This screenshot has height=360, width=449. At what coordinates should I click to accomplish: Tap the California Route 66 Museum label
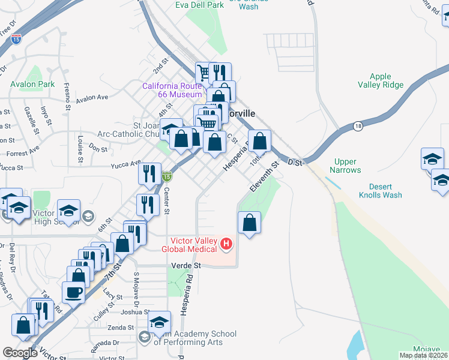coord(172,90)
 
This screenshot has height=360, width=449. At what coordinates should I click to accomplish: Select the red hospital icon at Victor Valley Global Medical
coord(226,244)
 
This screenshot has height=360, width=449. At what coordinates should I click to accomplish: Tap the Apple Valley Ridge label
coord(381,80)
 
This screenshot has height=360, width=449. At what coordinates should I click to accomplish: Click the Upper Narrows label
coord(345,166)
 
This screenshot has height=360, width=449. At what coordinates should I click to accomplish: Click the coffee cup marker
coord(74,292)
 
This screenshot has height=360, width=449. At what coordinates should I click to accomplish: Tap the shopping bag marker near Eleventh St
coord(250,223)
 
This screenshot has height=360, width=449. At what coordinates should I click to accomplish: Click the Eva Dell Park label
coord(199,5)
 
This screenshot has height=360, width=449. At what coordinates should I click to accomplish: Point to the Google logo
coord(20,353)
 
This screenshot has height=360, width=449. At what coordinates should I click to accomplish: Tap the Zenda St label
coord(121,328)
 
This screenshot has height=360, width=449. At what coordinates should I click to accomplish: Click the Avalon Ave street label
coord(92,97)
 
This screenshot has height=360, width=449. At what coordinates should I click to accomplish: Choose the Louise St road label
coord(79,148)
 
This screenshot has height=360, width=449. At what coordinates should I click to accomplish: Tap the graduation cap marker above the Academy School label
coord(160,323)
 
